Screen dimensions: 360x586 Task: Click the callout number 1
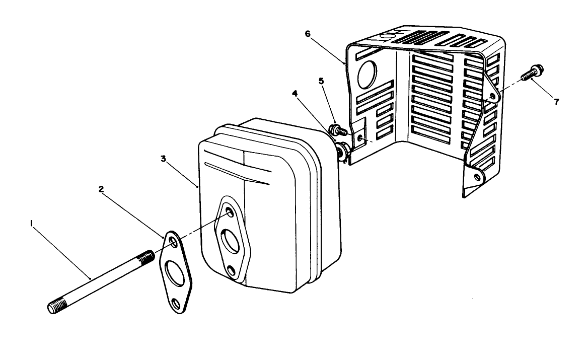[32, 223]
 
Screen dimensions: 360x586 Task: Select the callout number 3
[163, 158]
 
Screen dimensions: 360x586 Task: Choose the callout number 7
[556, 102]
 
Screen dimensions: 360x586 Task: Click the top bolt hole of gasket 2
[172, 243]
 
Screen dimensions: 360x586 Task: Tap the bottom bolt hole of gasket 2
[176, 303]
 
